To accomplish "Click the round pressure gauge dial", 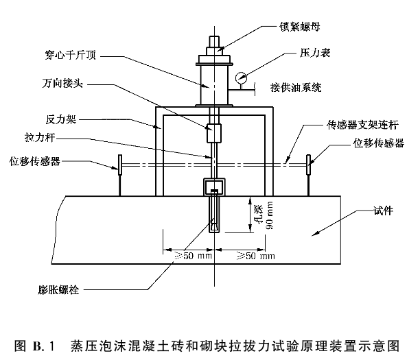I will point(241,78).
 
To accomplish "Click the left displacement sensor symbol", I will point(119,165).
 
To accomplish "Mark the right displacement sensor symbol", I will point(310,165).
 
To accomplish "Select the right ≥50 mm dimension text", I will point(255,256).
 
